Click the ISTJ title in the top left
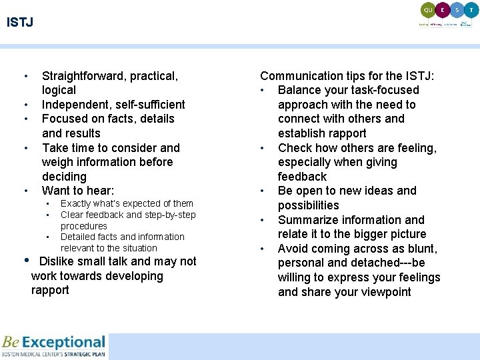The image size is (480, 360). click(x=20, y=23)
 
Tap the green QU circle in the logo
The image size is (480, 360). click(x=427, y=10)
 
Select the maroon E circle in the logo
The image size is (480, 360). click(x=442, y=10)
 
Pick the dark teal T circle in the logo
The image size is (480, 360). click(x=471, y=10)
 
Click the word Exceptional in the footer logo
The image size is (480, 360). click(x=63, y=343)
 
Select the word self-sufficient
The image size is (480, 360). click(x=152, y=105)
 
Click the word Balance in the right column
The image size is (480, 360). click(x=299, y=90)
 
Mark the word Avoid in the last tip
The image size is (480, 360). click(x=293, y=249)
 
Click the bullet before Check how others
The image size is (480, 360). click(x=264, y=148)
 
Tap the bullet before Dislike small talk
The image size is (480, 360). click(x=26, y=261)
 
